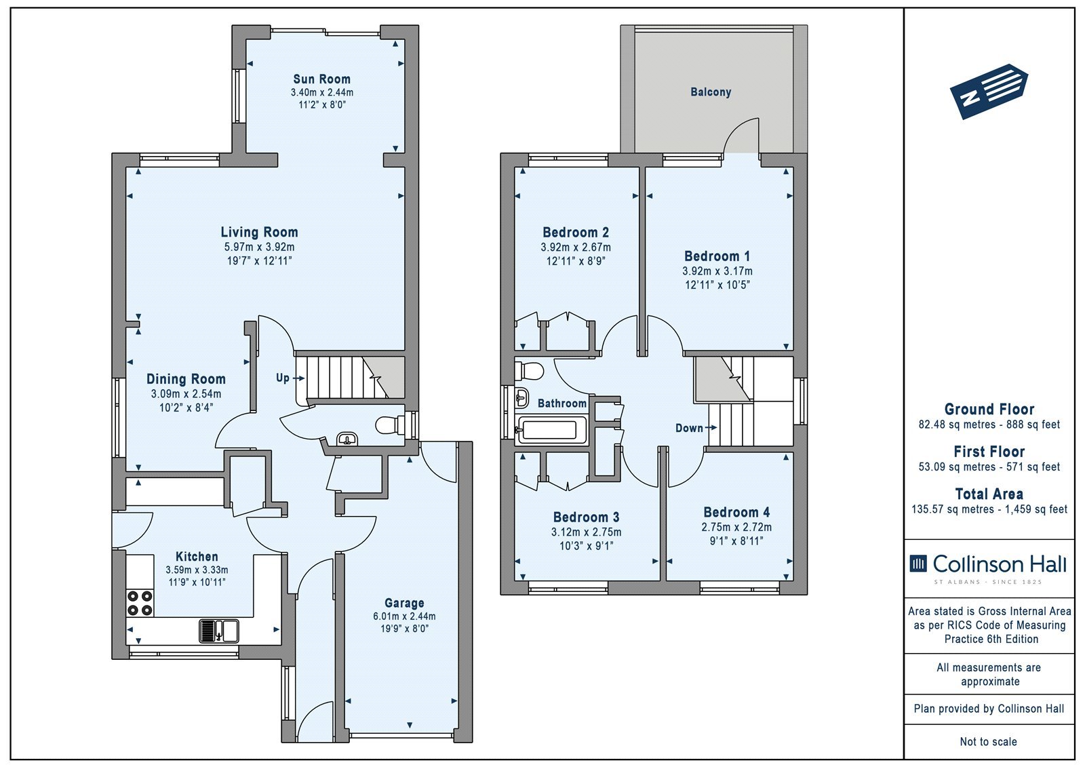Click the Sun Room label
(321, 79)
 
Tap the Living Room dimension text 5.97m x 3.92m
(259, 247)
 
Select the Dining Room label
(186, 379)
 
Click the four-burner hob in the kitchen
(140, 603)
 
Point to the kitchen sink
(219, 631)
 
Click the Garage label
(404, 604)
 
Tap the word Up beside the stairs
(283, 378)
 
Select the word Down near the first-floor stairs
(689, 428)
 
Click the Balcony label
(711, 92)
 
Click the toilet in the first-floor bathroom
(529, 372)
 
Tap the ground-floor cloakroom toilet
(391, 425)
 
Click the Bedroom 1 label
(717, 256)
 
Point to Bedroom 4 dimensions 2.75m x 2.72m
(736, 527)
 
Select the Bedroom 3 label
(586, 517)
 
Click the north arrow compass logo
(989, 92)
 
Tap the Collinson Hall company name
(1000, 564)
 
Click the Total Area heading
(989, 494)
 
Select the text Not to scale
(989, 742)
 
